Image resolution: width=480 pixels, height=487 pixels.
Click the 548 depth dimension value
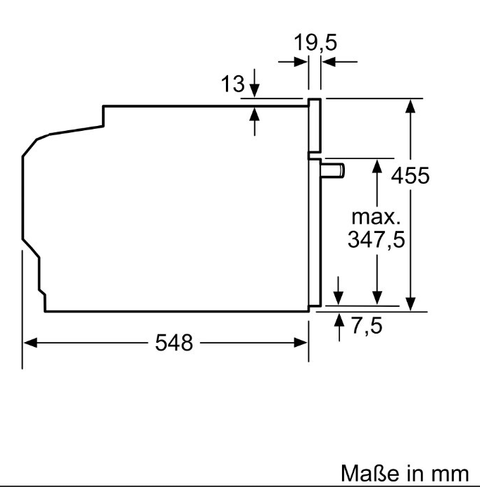click(174, 343)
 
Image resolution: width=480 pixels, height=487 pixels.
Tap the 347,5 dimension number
click(377, 240)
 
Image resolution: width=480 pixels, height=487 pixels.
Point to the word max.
click(377, 215)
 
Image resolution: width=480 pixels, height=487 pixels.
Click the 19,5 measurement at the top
click(315, 42)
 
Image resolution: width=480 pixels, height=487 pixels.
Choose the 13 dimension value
click(233, 85)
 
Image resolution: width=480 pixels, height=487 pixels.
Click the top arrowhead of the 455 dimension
click(412, 105)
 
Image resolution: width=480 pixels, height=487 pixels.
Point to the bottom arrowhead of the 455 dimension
click(412, 303)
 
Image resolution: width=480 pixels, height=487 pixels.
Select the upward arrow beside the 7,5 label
click(339, 320)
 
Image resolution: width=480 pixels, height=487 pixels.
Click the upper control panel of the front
click(315, 126)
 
